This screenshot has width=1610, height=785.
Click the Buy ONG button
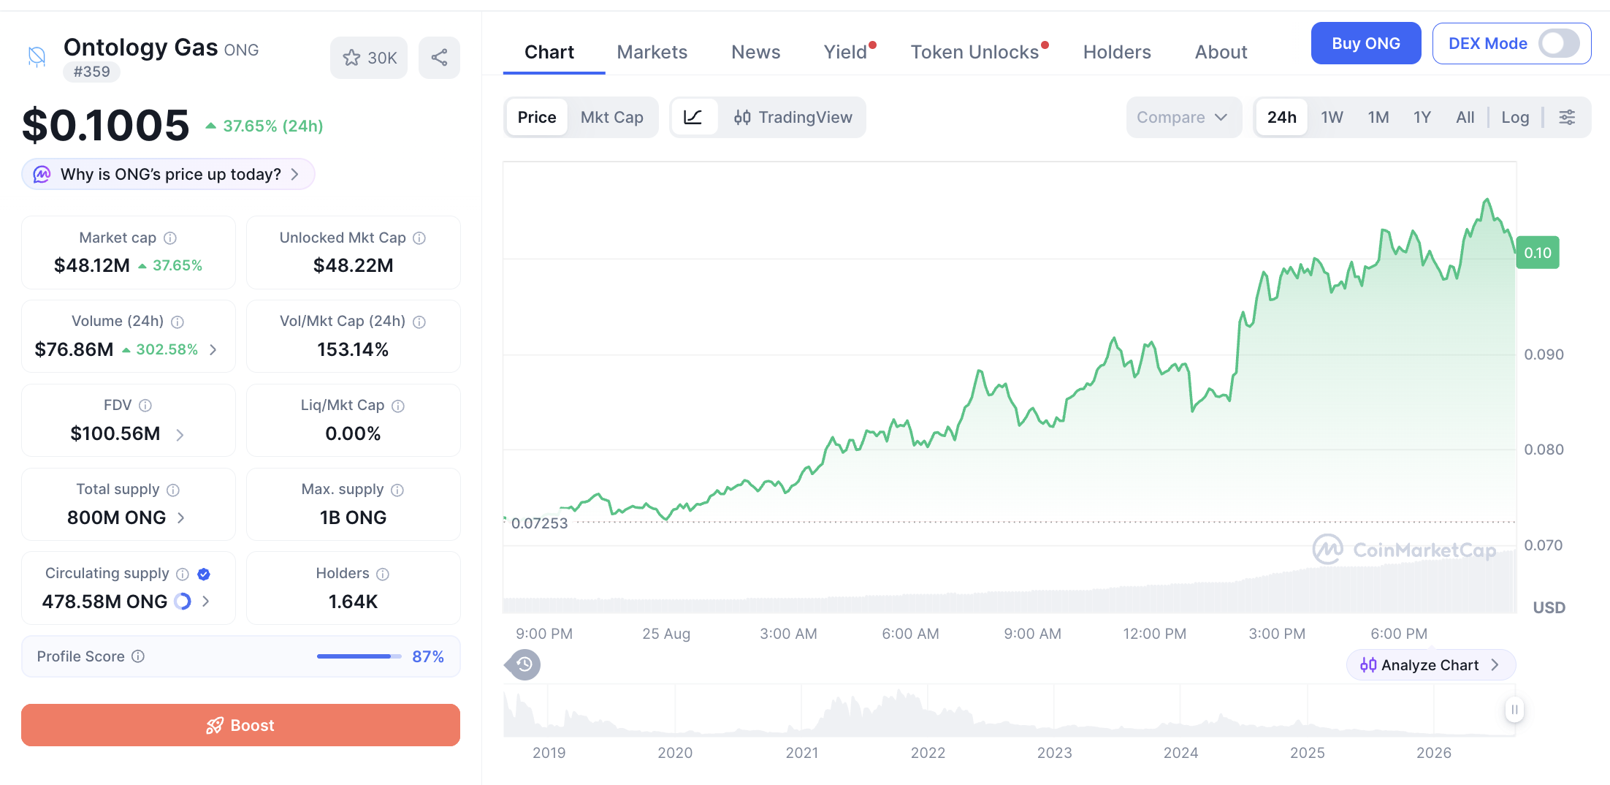(x=1365, y=44)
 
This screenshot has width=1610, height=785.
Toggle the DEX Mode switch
(x=1559, y=44)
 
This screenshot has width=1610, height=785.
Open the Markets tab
(x=652, y=53)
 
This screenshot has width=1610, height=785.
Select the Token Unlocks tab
(x=974, y=53)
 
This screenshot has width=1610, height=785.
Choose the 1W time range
(x=1332, y=118)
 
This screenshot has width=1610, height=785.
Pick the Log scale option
(x=1515, y=118)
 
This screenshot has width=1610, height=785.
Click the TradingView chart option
(x=793, y=118)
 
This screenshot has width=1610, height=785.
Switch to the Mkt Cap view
(x=611, y=118)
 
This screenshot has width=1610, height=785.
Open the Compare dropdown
(x=1183, y=118)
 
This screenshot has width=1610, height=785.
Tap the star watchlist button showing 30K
(x=369, y=58)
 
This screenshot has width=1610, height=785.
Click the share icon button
(x=439, y=58)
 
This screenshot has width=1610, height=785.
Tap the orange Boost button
(x=240, y=725)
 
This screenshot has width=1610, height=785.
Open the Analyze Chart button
(x=1430, y=665)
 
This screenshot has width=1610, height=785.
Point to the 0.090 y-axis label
(x=1544, y=354)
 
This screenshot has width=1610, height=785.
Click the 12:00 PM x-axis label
(x=1154, y=634)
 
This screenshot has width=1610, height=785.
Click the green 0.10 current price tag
(x=1538, y=253)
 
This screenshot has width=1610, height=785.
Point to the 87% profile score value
(x=427, y=656)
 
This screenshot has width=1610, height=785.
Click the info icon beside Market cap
(x=170, y=238)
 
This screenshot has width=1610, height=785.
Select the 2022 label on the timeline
(x=928, y=753)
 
